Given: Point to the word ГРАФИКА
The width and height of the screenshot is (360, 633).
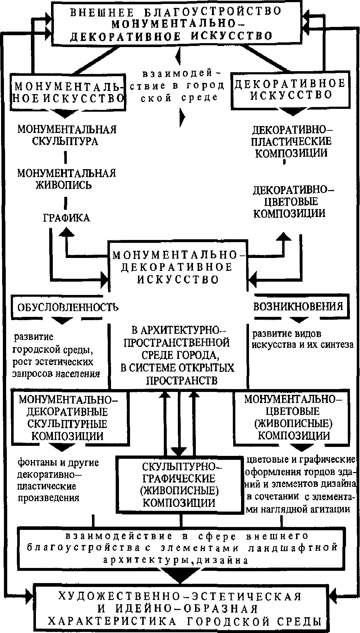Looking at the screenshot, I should click(66, 218).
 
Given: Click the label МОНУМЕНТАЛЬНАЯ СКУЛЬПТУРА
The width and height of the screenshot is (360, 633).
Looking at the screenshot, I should click(67, 135).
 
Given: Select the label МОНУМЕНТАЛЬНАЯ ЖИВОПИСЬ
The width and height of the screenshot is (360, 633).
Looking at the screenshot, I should click(67, 179).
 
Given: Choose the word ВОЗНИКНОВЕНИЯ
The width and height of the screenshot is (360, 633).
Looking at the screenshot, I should click(298, 306).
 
